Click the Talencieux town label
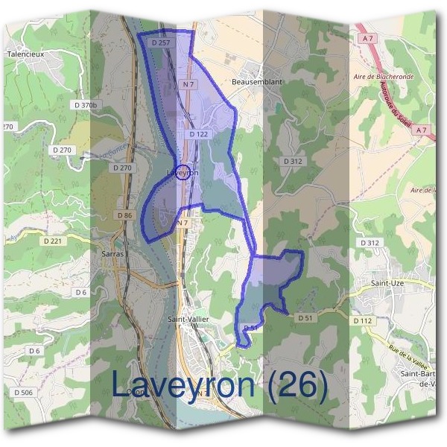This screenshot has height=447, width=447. pos(26,54)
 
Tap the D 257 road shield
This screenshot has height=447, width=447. pos(160,44)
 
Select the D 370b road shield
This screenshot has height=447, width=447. pos(86,105)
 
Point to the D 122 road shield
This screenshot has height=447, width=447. pos(198,134)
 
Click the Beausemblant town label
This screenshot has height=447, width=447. pos(257,81)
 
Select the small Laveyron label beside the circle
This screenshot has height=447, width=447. pos(183,173)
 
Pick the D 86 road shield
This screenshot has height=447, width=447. pos(124,215)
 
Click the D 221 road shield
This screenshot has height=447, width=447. pos(54,241)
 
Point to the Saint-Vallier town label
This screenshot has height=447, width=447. pos(188,319)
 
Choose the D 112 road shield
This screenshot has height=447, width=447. pos(363,320)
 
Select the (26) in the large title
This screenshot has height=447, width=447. pos(297,384)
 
